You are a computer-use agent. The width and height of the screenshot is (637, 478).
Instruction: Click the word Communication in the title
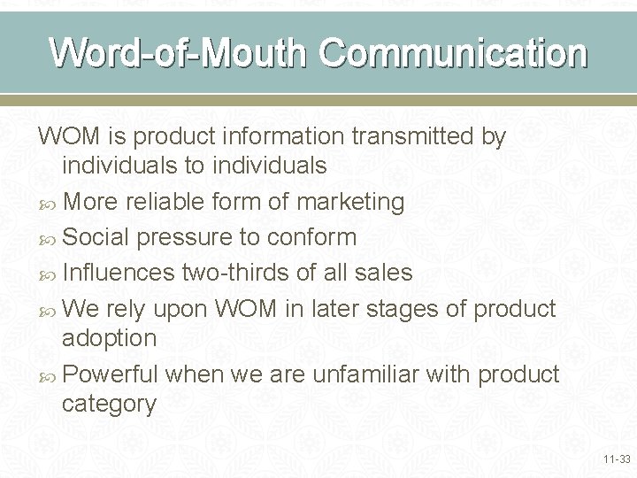453,53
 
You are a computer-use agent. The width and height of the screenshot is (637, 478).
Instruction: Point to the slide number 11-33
616,459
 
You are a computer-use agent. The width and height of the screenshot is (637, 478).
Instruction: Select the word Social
96,237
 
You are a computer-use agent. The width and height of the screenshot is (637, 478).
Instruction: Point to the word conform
311,237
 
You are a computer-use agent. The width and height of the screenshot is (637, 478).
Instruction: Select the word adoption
109,338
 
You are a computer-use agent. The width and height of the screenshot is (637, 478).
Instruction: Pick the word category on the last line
109,405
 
